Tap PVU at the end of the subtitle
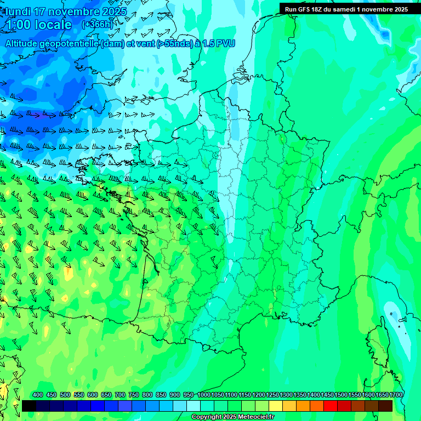pos(225,43)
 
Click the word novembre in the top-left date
pos(76,12)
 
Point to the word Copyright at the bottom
pos(207,417)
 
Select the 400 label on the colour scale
pos(38,395)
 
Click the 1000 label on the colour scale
pos(204,395)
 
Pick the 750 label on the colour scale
pos(134,395)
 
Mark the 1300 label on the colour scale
pos(286,395)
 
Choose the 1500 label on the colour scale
pos(341,395)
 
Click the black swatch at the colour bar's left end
pos(29,406)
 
